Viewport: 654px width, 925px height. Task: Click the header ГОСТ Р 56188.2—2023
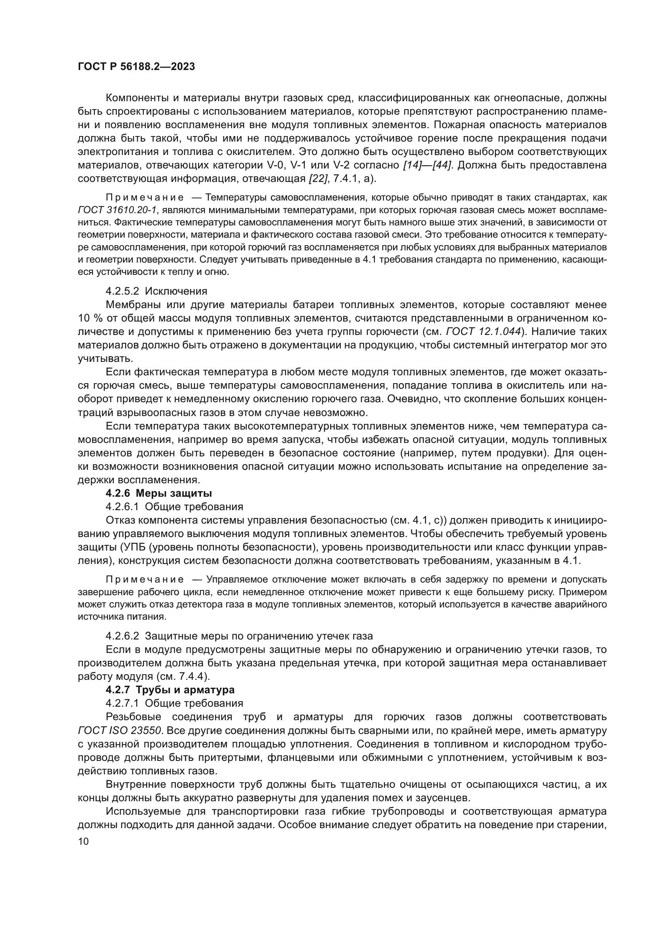click(x=136, y=67)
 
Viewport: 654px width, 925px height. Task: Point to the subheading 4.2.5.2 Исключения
click(x=156, y=291)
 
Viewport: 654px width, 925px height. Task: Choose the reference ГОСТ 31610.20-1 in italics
click(x=117, y=210)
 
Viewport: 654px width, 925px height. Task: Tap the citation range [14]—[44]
click(x=427, y=165)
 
